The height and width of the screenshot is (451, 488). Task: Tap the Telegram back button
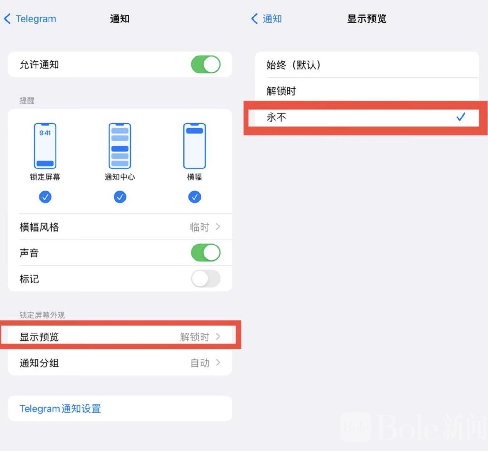(30, 19)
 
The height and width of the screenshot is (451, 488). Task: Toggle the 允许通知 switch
(206, 65)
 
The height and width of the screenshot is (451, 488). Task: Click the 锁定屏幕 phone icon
(45, 146)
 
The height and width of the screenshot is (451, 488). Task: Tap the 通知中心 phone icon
(120, 146)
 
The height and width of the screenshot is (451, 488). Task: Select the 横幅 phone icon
(195, 146)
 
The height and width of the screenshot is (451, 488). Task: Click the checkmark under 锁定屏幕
(45, 197)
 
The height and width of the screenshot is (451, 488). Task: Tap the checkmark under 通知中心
(120, 197)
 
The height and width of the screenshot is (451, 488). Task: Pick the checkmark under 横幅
(195, 197)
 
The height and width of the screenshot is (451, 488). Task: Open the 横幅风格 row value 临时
(200, 227)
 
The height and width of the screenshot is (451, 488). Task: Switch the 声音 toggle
(206, 253)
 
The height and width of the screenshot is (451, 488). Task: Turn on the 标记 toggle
(206, 279)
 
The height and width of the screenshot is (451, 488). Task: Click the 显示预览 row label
(39, 337)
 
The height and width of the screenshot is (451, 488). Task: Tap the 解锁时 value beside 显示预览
(195, 337)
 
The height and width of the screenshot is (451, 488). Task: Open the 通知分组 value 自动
(200, 363)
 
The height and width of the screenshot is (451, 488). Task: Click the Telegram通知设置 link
(60, 409)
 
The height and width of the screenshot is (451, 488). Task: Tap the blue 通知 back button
(267, 19)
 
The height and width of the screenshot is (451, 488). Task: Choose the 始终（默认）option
(293, 65)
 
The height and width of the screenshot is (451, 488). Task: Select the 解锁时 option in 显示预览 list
(281, 91)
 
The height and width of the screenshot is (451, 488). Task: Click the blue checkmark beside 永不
(461, 117)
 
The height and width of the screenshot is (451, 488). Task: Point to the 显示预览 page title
(367, 19)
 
